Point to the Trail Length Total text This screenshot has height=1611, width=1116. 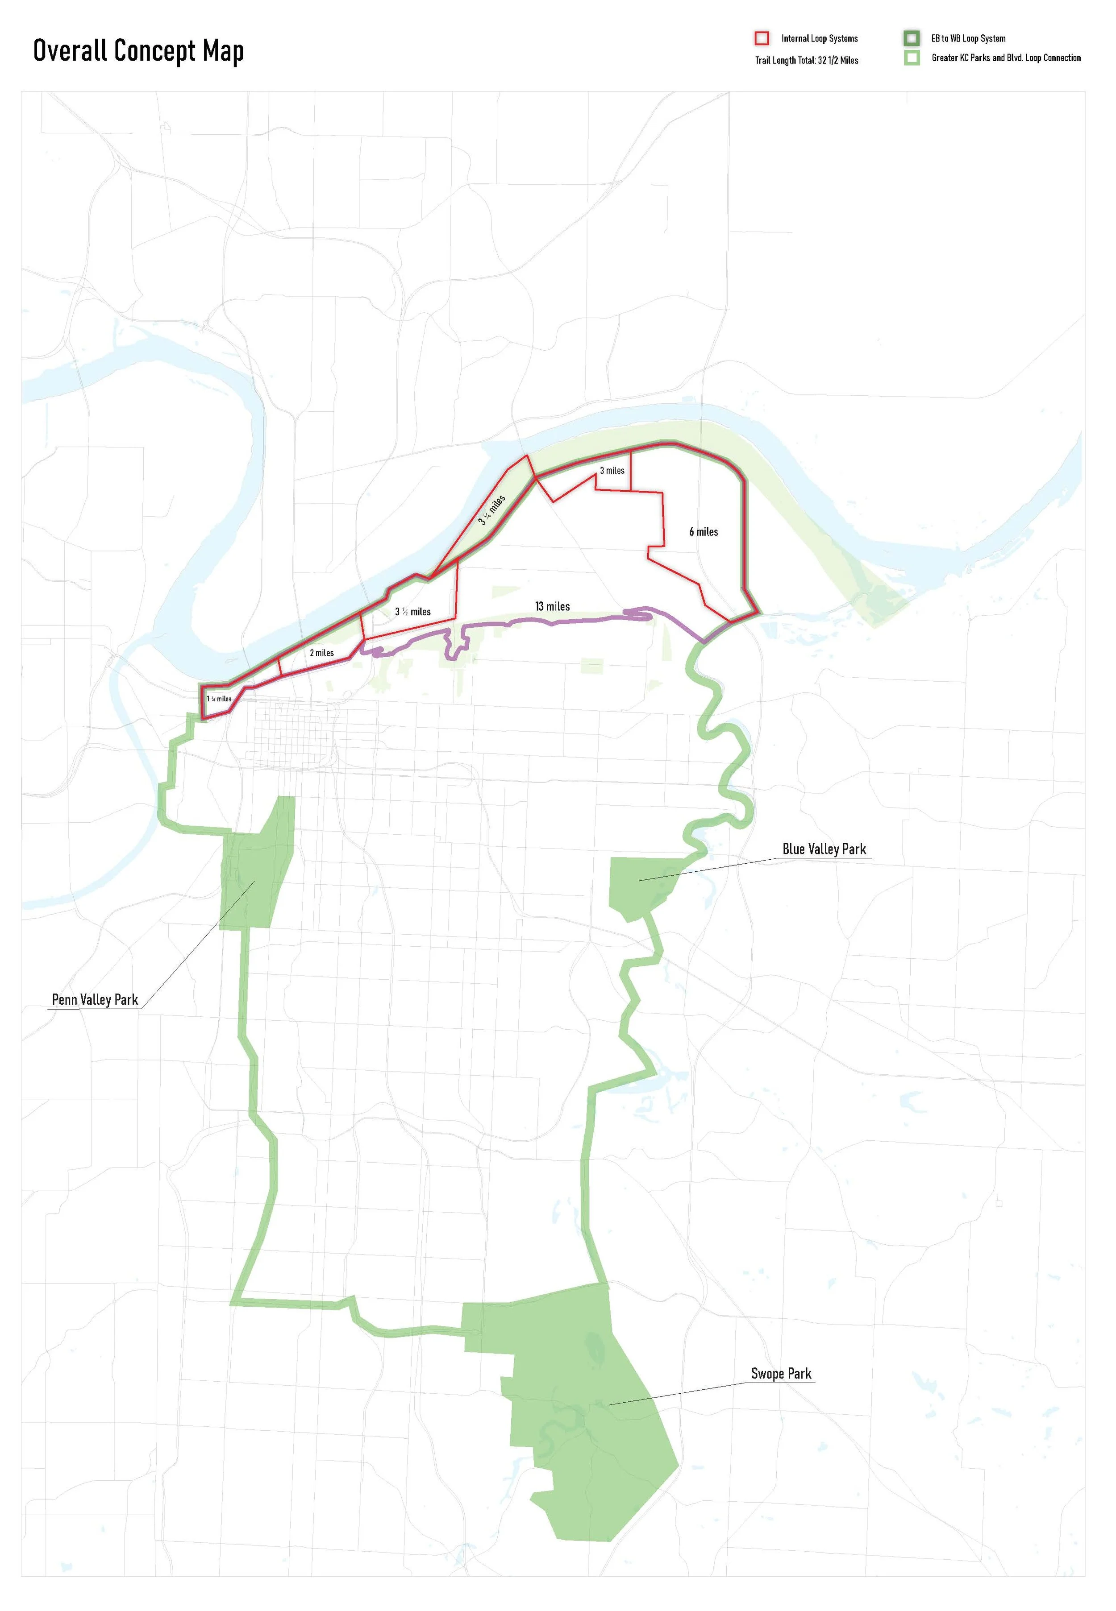[806, 61]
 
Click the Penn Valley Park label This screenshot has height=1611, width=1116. [95, 999]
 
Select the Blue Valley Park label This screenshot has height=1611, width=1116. [824, 849]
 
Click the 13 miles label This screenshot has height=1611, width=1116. [552, 607]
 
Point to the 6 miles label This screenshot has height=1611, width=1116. [704, 532]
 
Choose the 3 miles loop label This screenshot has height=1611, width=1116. [612, 470]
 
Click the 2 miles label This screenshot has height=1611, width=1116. [322, 653]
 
